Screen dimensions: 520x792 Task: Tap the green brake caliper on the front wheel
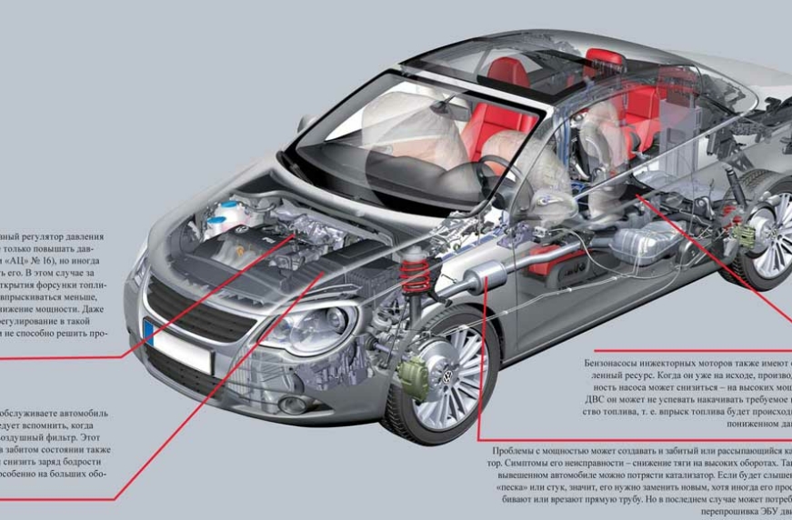[x=415, y=373]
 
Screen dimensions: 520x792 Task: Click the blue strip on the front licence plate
[x=147, y=329]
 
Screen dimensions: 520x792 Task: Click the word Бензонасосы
[x=616, y=363]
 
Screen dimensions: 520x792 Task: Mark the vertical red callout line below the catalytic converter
[x=479, y=364]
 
